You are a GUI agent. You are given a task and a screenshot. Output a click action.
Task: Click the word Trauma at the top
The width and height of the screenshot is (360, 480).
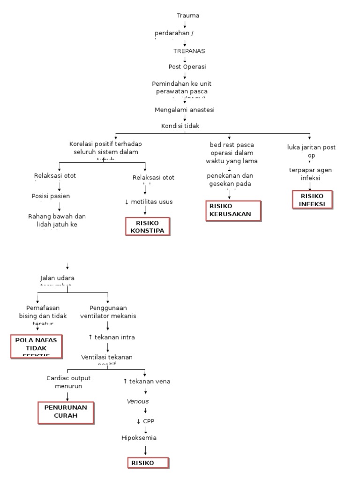coord(188,15)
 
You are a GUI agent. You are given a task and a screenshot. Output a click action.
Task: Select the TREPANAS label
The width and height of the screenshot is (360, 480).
coord(189,51)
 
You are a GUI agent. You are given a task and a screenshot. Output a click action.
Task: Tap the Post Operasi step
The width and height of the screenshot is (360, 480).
coord(187,67)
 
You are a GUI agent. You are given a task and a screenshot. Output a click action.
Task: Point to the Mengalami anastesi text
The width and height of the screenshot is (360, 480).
coord(185,110)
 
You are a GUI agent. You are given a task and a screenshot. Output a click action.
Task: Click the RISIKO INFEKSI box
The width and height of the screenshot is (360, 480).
coord(312,199)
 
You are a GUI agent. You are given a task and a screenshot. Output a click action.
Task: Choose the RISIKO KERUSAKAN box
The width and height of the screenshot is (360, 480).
coord(233,210)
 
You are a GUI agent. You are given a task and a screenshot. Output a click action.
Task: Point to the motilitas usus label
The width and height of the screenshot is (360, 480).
coord(149,202)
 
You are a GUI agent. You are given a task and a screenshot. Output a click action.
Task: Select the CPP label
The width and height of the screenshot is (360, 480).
coord(145,420)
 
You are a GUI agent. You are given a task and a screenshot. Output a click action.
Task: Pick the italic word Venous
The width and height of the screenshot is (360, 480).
coord(138,402)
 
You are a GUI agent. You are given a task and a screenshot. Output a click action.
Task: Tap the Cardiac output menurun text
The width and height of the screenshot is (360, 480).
coord(68,382)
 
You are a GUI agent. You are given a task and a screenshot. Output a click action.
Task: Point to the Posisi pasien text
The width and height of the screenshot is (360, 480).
coord(51,196)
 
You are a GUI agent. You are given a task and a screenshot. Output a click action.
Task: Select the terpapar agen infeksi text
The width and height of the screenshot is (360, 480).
coord(310,174)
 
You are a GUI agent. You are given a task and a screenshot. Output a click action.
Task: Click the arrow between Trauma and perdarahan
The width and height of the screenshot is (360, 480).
coord(185,24)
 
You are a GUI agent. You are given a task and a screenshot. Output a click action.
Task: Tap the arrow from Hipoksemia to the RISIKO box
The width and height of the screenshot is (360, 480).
coord(146,450)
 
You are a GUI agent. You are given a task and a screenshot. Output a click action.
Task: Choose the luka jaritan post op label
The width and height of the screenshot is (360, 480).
coord(311,151)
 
